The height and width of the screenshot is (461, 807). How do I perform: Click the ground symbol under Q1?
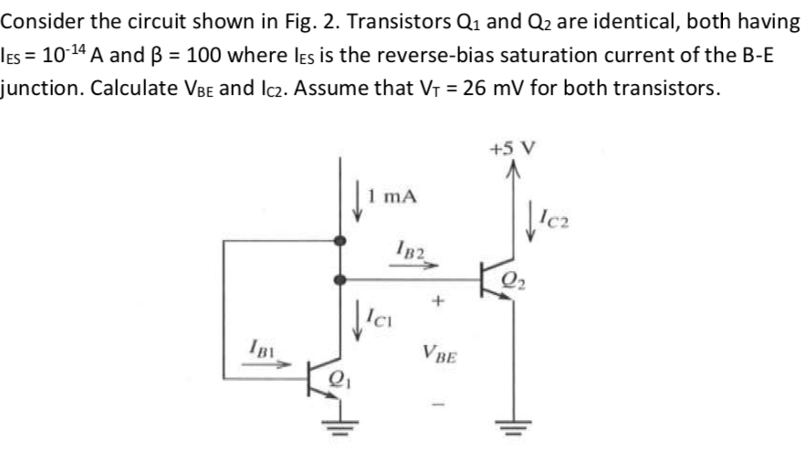coord(341,425)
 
